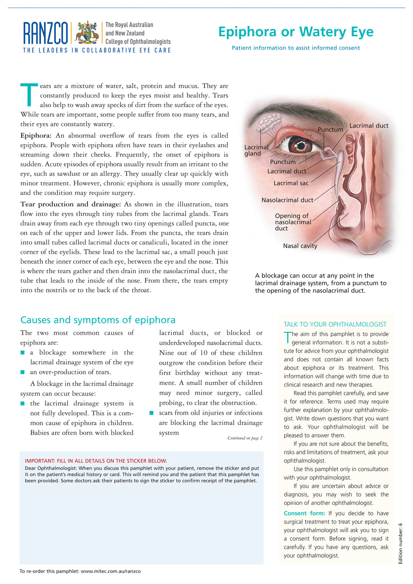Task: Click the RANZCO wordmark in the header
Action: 46,33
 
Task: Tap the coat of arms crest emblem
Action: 87,32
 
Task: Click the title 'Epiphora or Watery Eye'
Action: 296,32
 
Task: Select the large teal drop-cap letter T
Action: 29,94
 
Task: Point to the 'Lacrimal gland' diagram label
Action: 256,150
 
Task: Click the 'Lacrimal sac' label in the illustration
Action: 291,183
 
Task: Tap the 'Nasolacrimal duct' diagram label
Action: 287,200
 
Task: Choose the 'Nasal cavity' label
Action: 300,246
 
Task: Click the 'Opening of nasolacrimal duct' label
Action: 293,222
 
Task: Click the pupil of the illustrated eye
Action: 301,145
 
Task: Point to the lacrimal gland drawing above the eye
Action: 269,123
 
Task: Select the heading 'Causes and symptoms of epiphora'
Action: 98,320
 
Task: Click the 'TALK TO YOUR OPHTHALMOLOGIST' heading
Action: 335,324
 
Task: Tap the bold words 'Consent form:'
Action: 304,513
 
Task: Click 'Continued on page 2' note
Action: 245,438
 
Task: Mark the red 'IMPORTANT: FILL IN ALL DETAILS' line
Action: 96,461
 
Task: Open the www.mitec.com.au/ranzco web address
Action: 111,571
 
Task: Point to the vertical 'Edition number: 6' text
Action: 400,543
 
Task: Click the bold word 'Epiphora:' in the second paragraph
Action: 36,136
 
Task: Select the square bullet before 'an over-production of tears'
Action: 23,372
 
